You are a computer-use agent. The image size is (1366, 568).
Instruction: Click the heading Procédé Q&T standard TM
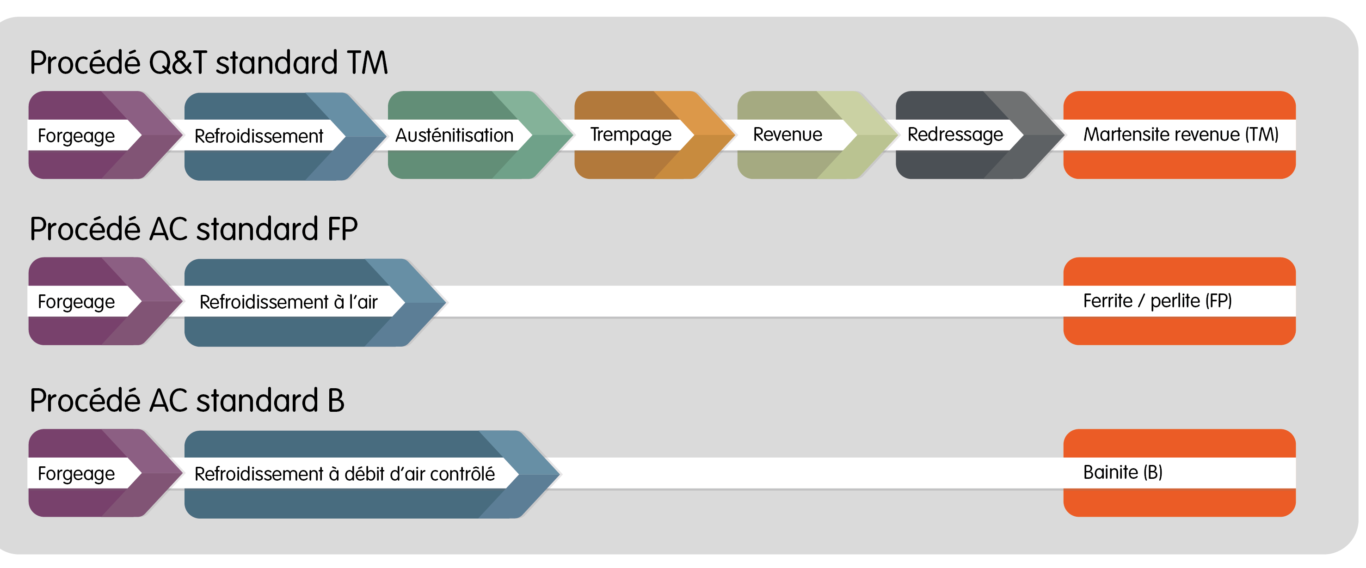[x=209, y=63]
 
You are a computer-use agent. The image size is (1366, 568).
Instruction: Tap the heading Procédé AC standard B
[x=187, y=401]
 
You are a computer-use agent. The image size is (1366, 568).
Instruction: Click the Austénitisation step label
[x=455, y=135]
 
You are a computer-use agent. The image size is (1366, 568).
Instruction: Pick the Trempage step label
[x=630, y=134]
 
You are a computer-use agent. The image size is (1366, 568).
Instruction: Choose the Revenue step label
[x=788, y=134]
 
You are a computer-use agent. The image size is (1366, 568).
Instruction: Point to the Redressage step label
[x=955, y=134]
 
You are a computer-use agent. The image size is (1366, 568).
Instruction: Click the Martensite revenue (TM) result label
[x=1181, y=134]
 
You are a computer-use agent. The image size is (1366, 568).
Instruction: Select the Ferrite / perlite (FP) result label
[x=1157, y=301]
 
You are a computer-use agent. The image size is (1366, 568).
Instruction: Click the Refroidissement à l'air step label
[x=289, y=302]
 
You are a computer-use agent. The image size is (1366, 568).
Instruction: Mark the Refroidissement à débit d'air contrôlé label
[x=345, y=474]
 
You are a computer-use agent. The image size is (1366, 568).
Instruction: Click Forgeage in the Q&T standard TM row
[x=76, y=136]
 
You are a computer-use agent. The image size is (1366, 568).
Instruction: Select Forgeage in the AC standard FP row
[x=76, y=302]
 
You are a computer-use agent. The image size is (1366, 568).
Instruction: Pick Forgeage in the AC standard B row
[x=76, y=474]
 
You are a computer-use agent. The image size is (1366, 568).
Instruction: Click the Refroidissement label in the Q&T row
[x=259, y=136]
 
